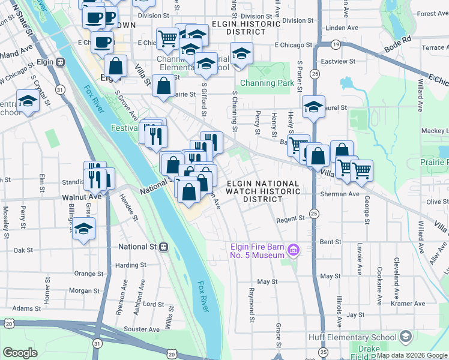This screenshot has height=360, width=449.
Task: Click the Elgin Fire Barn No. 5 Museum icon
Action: click(x=294, y=250)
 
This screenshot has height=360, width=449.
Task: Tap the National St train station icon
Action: click(x=163, y=247)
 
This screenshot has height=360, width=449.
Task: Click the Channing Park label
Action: click(x=266, y=83)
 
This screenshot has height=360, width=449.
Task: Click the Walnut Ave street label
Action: click(x=82, y=196)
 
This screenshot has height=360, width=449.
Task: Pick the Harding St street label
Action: click(x=131, y=265)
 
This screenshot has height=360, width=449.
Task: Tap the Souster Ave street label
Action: click(x=142, y=329)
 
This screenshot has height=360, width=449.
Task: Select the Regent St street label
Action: click(x=291, y=220)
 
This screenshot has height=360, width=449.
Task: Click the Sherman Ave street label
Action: click(x=339, y=194)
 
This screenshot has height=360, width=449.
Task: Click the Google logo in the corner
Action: click(x=20, y=353)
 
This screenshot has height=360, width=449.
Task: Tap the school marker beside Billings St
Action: click(x=84, y=228)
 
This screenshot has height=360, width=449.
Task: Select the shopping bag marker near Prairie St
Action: click(x=164, y=86)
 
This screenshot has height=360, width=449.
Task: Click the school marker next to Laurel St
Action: click(x=313, y=107)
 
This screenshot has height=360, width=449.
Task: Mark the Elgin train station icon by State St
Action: click(x=60, y=62)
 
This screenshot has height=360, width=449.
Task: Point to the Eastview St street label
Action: click(x=339, y=61)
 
